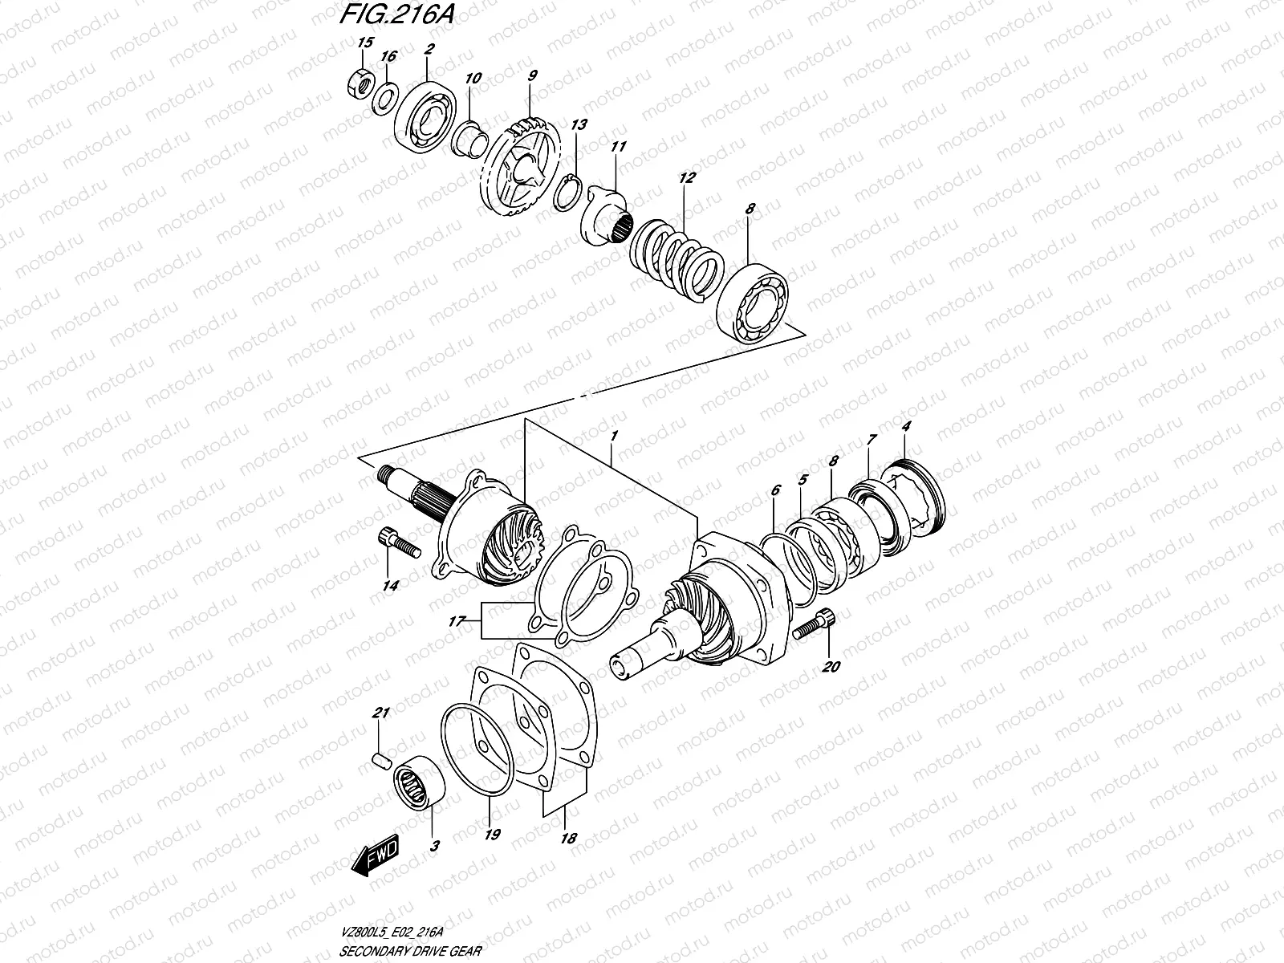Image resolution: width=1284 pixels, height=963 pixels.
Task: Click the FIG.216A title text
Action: click(x=392, y=18)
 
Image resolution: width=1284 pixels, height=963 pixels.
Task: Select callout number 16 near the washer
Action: click(x=388, y=56)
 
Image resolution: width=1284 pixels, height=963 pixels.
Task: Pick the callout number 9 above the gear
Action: click(x=533, y=75)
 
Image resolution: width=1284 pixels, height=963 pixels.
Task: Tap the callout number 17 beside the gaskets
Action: click(x=458, y=621)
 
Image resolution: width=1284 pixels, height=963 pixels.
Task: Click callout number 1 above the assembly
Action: click(x=613, y=435)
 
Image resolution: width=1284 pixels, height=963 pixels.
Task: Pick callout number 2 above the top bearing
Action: click(x=429, y=49)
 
